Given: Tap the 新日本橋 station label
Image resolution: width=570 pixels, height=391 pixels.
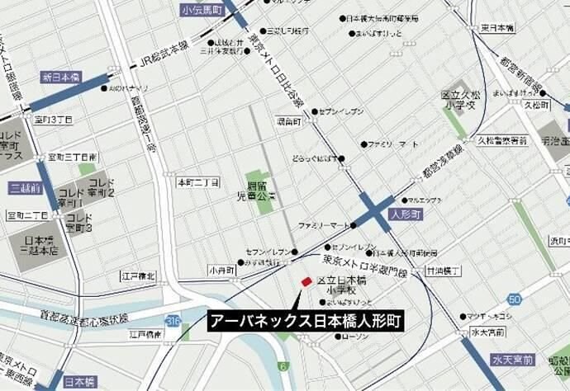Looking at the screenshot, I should coord(63,77).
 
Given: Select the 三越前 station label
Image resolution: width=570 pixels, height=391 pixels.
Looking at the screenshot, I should coord(26,188).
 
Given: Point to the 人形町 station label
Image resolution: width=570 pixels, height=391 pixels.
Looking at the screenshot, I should coord(406,213).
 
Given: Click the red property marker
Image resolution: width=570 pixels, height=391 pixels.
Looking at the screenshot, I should coord(306,282).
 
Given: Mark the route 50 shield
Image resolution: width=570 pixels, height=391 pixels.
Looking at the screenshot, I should coord(515,299).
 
